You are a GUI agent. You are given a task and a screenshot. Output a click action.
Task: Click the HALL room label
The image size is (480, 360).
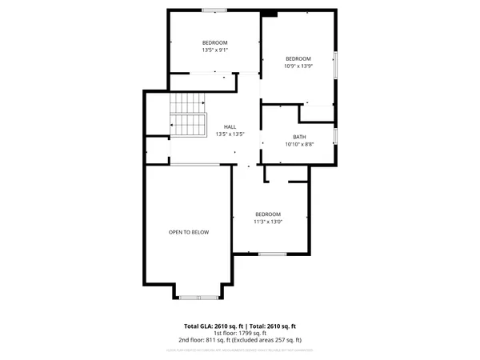point(230,126)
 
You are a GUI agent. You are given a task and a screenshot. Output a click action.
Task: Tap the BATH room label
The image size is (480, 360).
point(299,137)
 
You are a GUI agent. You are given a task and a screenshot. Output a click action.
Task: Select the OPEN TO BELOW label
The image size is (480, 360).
point(188,232)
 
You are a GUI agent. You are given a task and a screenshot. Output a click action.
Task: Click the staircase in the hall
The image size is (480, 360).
point(187,115)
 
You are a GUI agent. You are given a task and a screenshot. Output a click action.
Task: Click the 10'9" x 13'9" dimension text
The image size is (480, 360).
point(298,66)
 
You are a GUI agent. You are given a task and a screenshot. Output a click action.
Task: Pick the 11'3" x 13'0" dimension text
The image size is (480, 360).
point(268,222)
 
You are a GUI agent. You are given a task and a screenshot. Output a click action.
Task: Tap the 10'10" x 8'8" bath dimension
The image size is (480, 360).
point(299,145)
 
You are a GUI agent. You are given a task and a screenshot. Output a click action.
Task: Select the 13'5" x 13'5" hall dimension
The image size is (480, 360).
point(230,134)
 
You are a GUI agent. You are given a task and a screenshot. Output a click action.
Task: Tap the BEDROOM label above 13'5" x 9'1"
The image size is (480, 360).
point(214,42)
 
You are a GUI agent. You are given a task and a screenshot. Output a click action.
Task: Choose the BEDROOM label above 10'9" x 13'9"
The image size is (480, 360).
point(298,58)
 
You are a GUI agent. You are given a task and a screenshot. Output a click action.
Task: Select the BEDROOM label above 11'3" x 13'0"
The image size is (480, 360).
point(268,214)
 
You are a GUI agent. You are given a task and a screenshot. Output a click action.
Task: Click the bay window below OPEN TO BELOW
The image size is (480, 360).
point(198,297)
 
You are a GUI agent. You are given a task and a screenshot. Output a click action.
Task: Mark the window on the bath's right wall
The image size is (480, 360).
point(335,137)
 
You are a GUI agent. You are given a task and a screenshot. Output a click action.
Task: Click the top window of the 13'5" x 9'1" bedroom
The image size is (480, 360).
point(213,10)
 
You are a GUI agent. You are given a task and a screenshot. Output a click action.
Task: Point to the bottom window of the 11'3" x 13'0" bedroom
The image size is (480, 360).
point(271,254)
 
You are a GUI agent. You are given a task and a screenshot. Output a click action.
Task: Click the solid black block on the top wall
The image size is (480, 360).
point(270,13)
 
